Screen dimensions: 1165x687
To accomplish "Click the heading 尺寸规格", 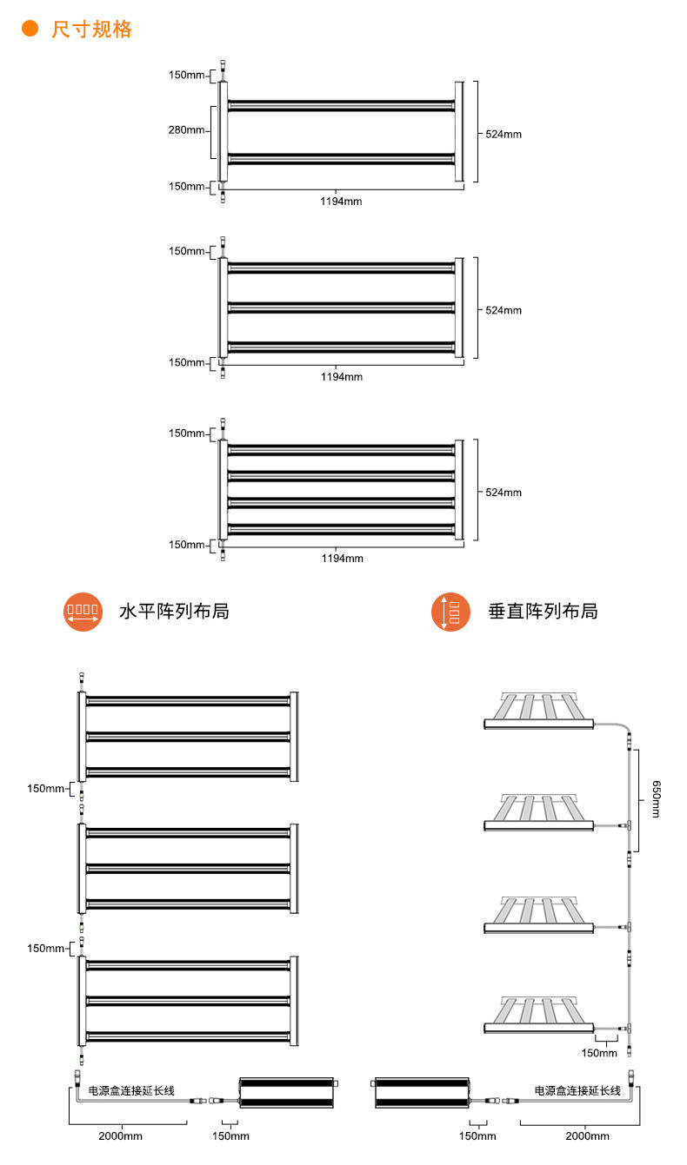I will click(x=91, y=30).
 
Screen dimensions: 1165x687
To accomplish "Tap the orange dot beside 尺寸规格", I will click(x=30, y=30).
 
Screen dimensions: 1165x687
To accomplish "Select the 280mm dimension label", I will click(x=186, y=131).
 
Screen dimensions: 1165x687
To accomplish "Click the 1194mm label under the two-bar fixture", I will click(x=341, y=202).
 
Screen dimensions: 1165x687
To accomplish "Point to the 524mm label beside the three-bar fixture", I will click(x=504, y=310).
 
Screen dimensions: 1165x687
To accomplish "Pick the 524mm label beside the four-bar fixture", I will click(x=504, y=493).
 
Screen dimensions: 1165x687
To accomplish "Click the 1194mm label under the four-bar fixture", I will click(x=341, y=559).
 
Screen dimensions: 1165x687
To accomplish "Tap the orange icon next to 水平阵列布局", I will click(x=83, y=612).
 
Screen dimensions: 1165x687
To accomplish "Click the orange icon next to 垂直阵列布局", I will click(x=450, y=612).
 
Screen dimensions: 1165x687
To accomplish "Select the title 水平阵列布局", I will click(x=173, y=612).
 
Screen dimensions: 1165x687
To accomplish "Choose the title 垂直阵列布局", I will click(x=543, y=612).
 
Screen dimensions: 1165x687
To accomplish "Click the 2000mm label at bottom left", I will click(x=120, y=1136).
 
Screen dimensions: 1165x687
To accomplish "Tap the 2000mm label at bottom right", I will click(x=587, y=1136).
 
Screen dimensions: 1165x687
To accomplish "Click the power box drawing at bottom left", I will click(x=287, y=1092).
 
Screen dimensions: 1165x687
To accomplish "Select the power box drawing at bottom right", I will click(x=423, y=1092).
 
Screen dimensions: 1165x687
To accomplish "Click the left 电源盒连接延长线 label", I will click(x=131, y=1090).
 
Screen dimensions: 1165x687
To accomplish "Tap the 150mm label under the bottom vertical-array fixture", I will click(x=599, y=1053).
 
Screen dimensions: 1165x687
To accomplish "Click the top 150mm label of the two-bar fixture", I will click(x=186, y=75).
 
